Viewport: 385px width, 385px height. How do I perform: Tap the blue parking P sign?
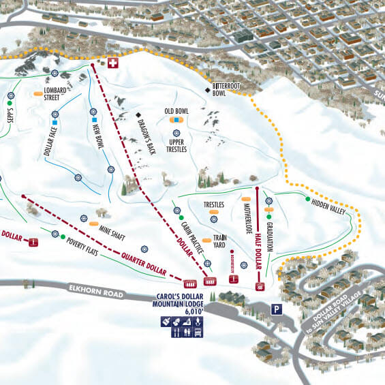[x=277, y=308]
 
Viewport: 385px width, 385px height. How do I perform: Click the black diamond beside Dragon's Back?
[x=138, y=114]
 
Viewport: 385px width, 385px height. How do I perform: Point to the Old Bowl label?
[x=176, y=110]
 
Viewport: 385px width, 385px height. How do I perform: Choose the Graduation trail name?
[x=270, y=236]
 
